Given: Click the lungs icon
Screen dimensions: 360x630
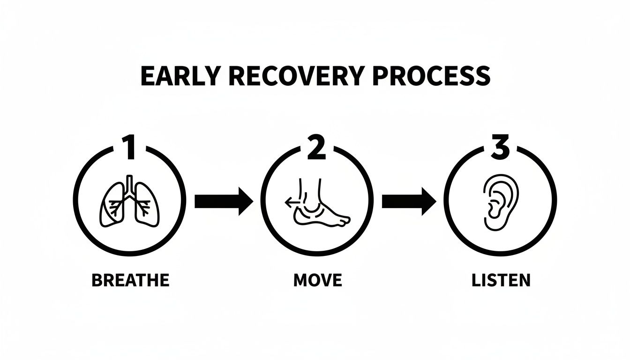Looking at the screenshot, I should tap(129, 202).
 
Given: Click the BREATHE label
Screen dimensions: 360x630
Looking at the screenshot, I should tap(130, 280).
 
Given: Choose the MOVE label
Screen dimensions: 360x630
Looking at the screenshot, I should tap(317, 280).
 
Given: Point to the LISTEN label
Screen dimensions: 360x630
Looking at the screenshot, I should tap(501, 280).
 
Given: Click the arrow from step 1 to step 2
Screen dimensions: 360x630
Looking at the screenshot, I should tap(224, 201).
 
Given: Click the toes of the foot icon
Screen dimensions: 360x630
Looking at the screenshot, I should tap(345, 219).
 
